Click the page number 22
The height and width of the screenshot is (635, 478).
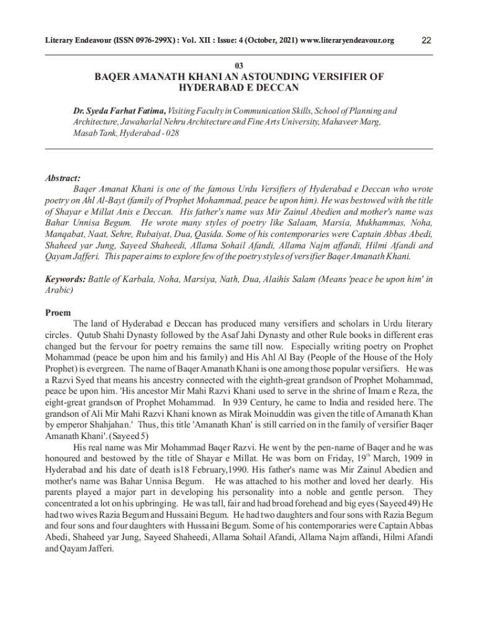(426, 41)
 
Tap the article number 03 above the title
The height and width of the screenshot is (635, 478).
(239, 65)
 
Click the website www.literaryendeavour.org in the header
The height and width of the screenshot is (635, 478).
(347, 41)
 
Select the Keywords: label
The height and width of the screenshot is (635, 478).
(66, 280)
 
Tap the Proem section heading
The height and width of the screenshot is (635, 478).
(58, 313)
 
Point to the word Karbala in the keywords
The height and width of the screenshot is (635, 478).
(143, 280)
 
